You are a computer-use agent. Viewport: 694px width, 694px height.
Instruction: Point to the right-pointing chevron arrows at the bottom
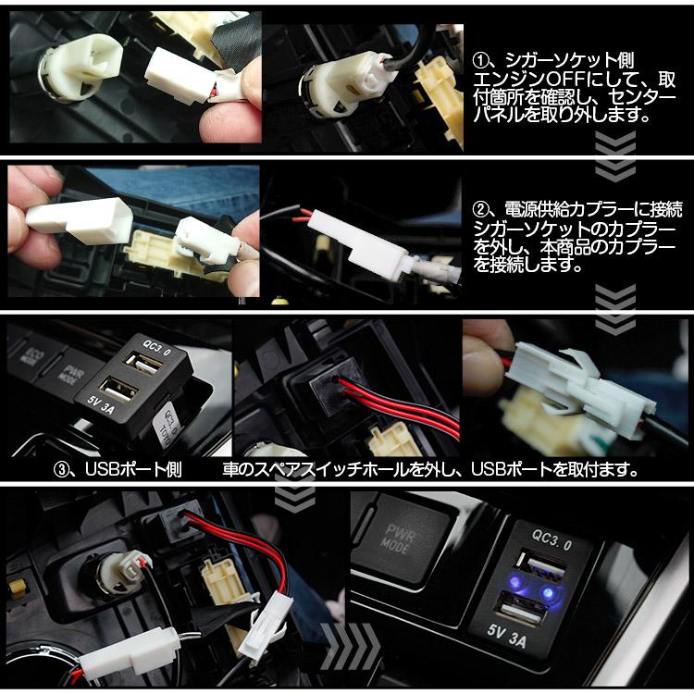[351, 642]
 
